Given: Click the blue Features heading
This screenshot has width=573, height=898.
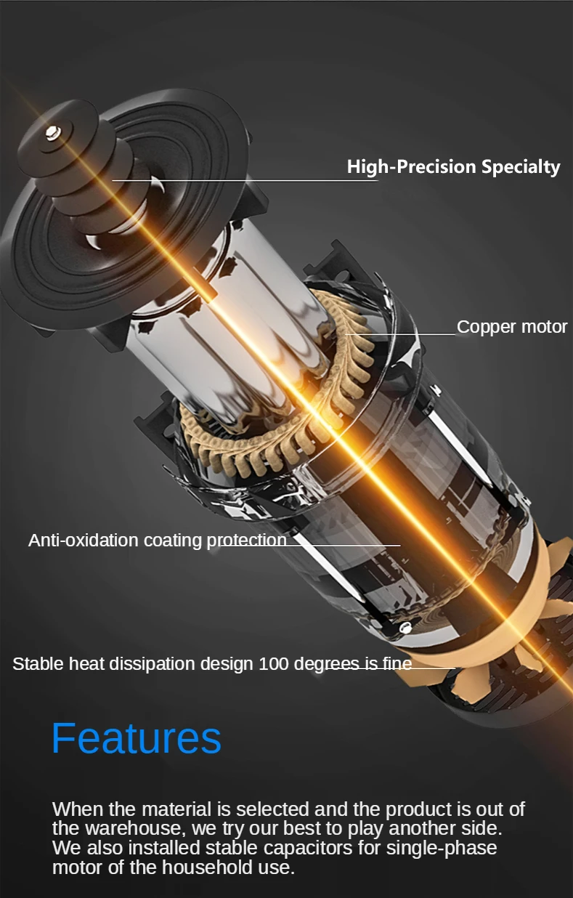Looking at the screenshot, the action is click(136, 738).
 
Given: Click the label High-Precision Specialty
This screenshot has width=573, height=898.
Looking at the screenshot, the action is click(453, 167).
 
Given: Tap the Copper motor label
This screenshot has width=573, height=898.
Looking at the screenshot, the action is click(511, 327).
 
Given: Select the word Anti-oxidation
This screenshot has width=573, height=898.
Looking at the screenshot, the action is click(83, 541).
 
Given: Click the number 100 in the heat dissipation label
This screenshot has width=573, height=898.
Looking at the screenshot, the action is click(273, 664).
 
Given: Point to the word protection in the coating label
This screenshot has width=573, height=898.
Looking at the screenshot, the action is click(247, 541).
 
